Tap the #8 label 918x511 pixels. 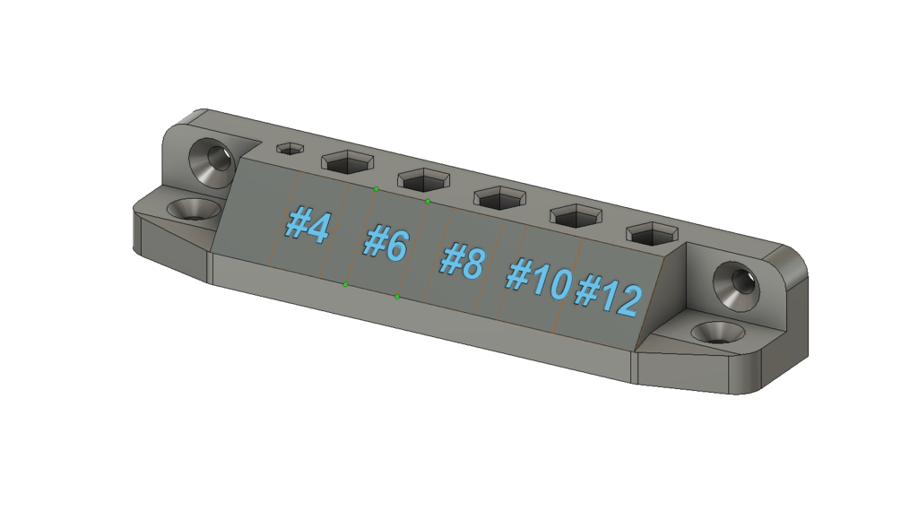tap(463, 261)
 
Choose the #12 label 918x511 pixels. tap(609, 295)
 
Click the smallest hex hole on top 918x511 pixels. tap(290, 149)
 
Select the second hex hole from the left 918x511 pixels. tap(345, 163)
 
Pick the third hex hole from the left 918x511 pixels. tap(421, 178)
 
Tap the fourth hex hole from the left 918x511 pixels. tap(498, 195)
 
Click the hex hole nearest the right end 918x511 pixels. tap(652, 233)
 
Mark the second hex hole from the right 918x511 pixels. tap(575, 214)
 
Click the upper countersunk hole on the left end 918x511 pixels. tap(213, 162)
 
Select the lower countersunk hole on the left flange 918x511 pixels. tap(194, 209)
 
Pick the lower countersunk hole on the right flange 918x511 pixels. tap(718, 332)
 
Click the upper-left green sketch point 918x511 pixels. tap(377, 189)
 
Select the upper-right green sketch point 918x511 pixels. tap(428, 201)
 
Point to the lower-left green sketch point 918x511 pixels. tap(346, 284)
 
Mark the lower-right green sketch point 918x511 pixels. tap(397, 296)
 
